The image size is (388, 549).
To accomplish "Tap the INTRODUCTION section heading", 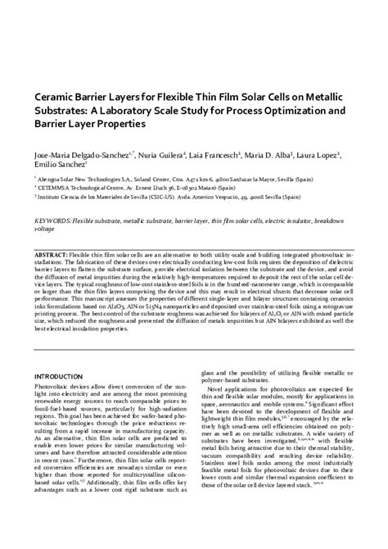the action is click(x=64, y=374).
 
